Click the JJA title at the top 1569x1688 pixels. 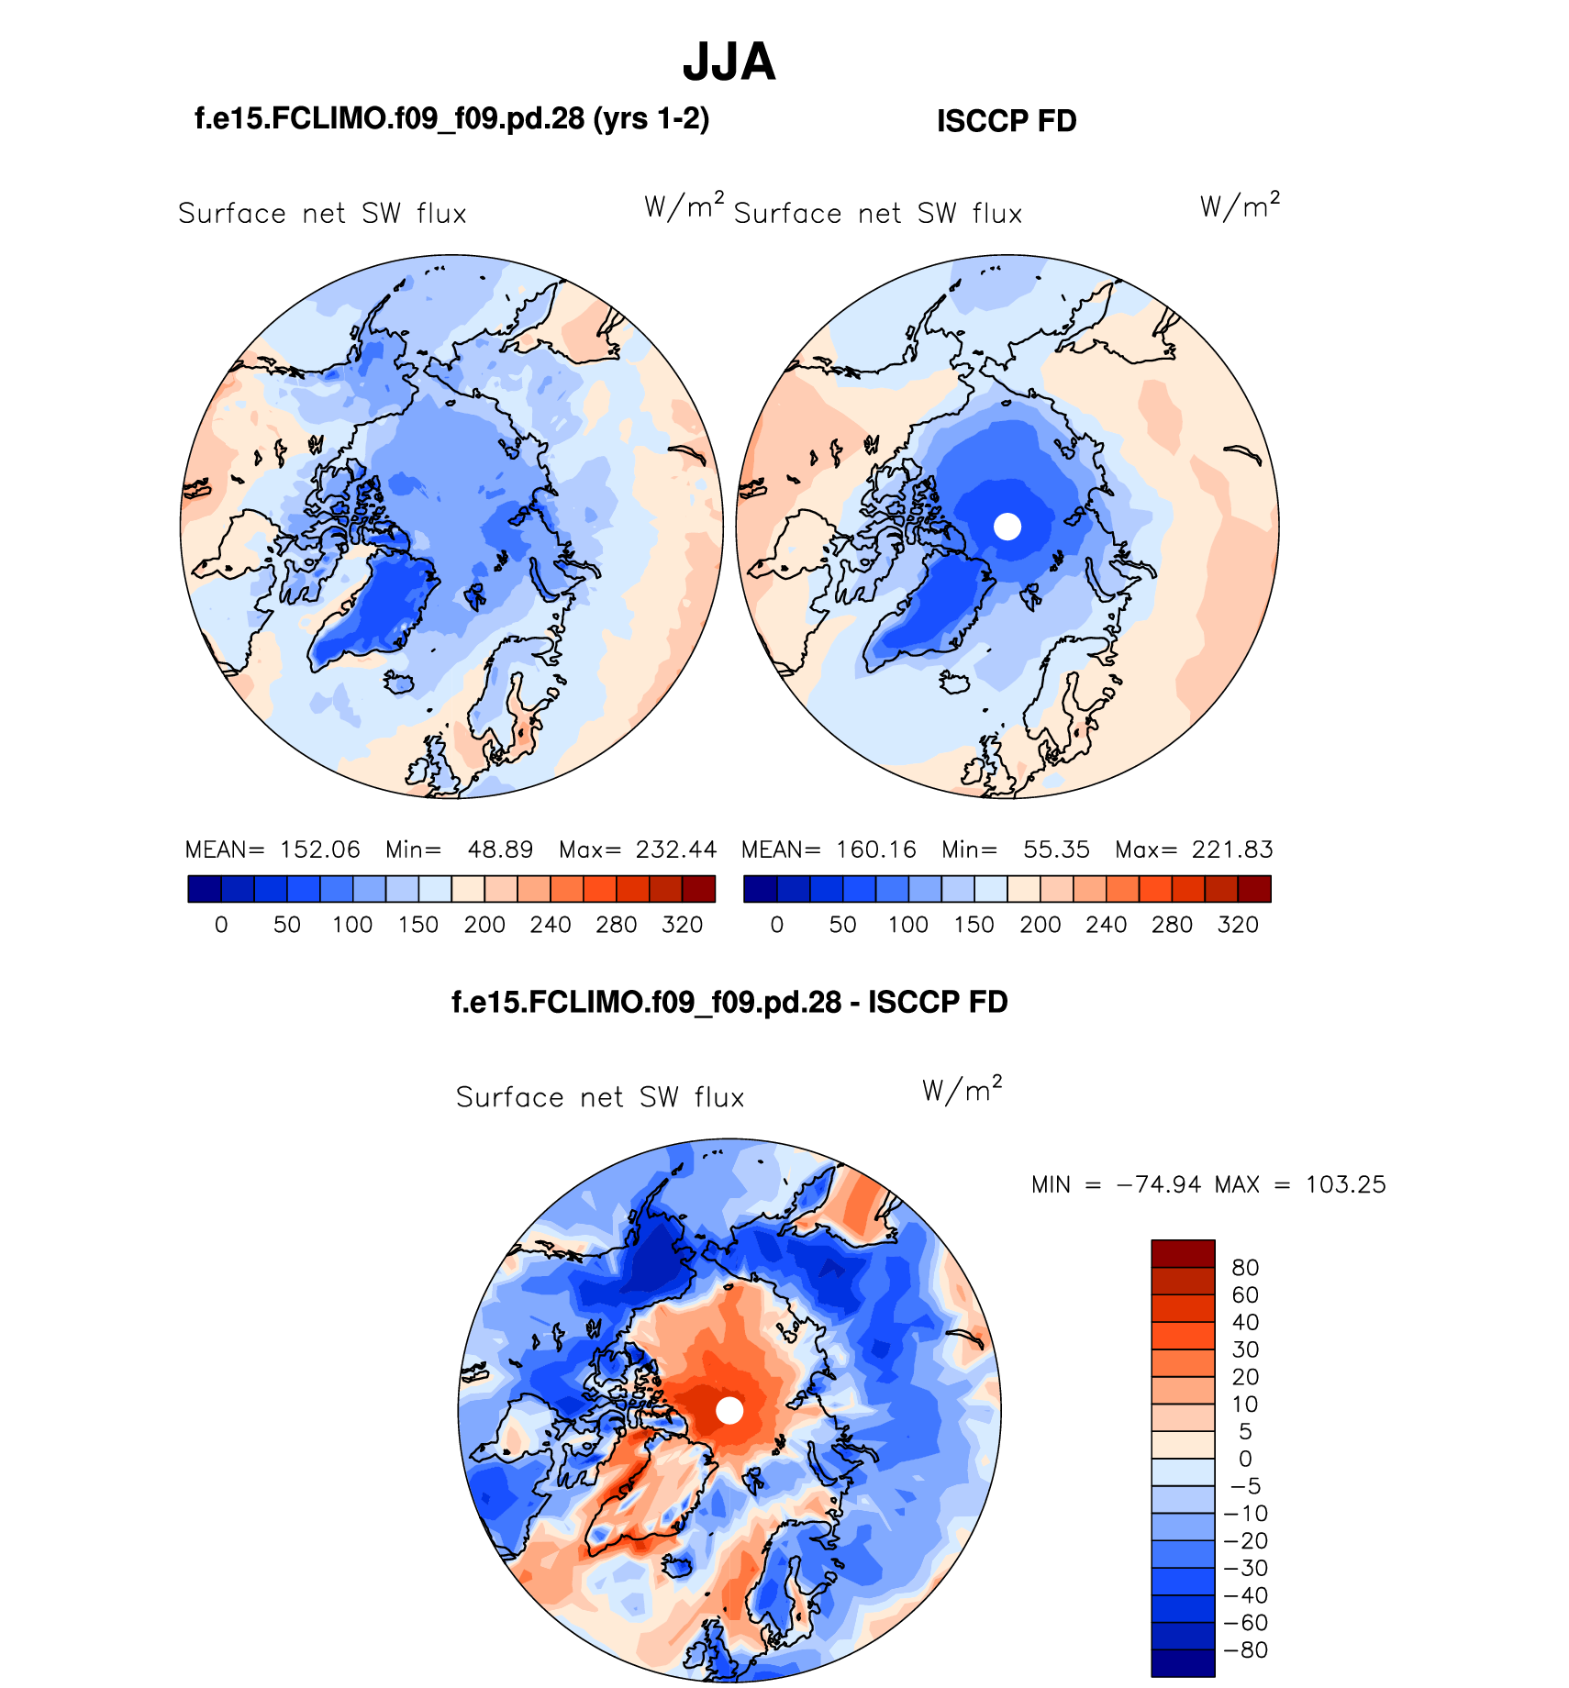tap(729, 62)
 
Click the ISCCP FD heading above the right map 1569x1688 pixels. tap(1007, 121)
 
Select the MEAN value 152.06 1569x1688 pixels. tap(320, 850)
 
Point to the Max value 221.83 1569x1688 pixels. tap(1232, 850)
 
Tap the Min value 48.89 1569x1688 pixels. tap(500, 850)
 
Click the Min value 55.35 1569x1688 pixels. tap(1056, 850)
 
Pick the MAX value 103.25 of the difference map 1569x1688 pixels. tap(1345, 1184)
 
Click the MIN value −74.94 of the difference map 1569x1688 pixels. tap(1159, 1184)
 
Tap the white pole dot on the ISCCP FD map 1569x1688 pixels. tap(1007, 527)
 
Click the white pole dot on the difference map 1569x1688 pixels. tap(729, 1410)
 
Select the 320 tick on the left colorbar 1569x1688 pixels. tap(682, 925)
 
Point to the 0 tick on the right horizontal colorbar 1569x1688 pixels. tap(777, 925)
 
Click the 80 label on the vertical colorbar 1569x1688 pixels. tap(1245, 1268)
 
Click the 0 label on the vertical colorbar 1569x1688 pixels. tap(1245, 1459)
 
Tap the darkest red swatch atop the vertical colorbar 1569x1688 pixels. tap(1183, 1253)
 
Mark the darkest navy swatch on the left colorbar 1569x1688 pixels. tap(204, 889)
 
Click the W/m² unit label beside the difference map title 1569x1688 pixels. tap(962, 1089)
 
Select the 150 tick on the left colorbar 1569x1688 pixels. tap(418, 925)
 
